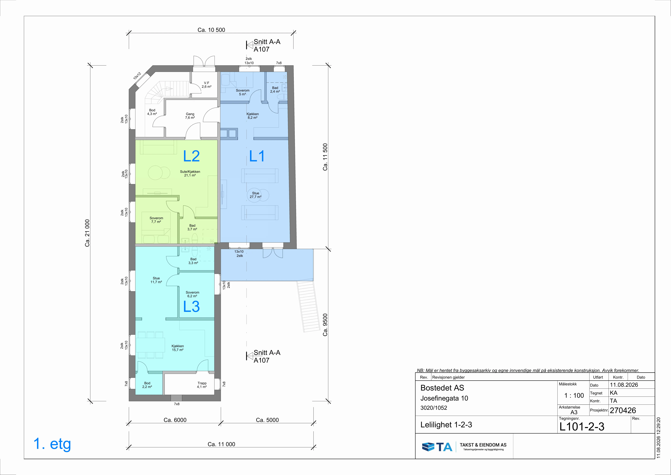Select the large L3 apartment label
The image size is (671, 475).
[191, 307]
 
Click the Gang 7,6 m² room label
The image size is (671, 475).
[190, 116]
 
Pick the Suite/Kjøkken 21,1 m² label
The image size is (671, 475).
[190, 173]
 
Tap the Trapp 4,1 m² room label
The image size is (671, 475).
[202, 385]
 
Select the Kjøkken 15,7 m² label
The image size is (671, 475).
[178, 348]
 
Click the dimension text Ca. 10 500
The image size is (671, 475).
[211, 30]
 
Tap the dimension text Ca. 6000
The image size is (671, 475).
[175, 420]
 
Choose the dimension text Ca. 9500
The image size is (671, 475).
[325, 325]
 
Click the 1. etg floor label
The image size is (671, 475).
[52, 444]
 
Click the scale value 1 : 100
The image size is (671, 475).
[574, 395]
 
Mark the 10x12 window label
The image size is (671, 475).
[137, 76]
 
